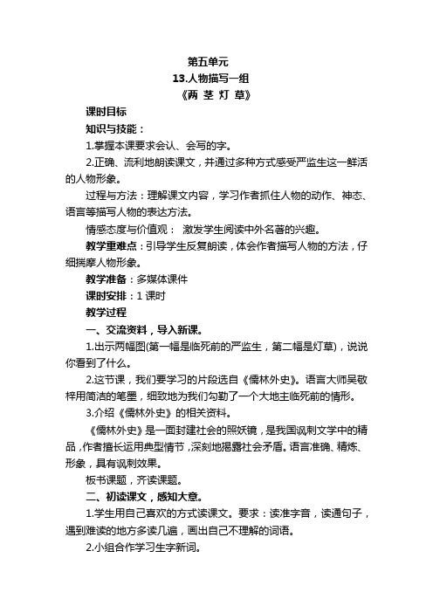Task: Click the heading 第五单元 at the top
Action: (x=208, y=63)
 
